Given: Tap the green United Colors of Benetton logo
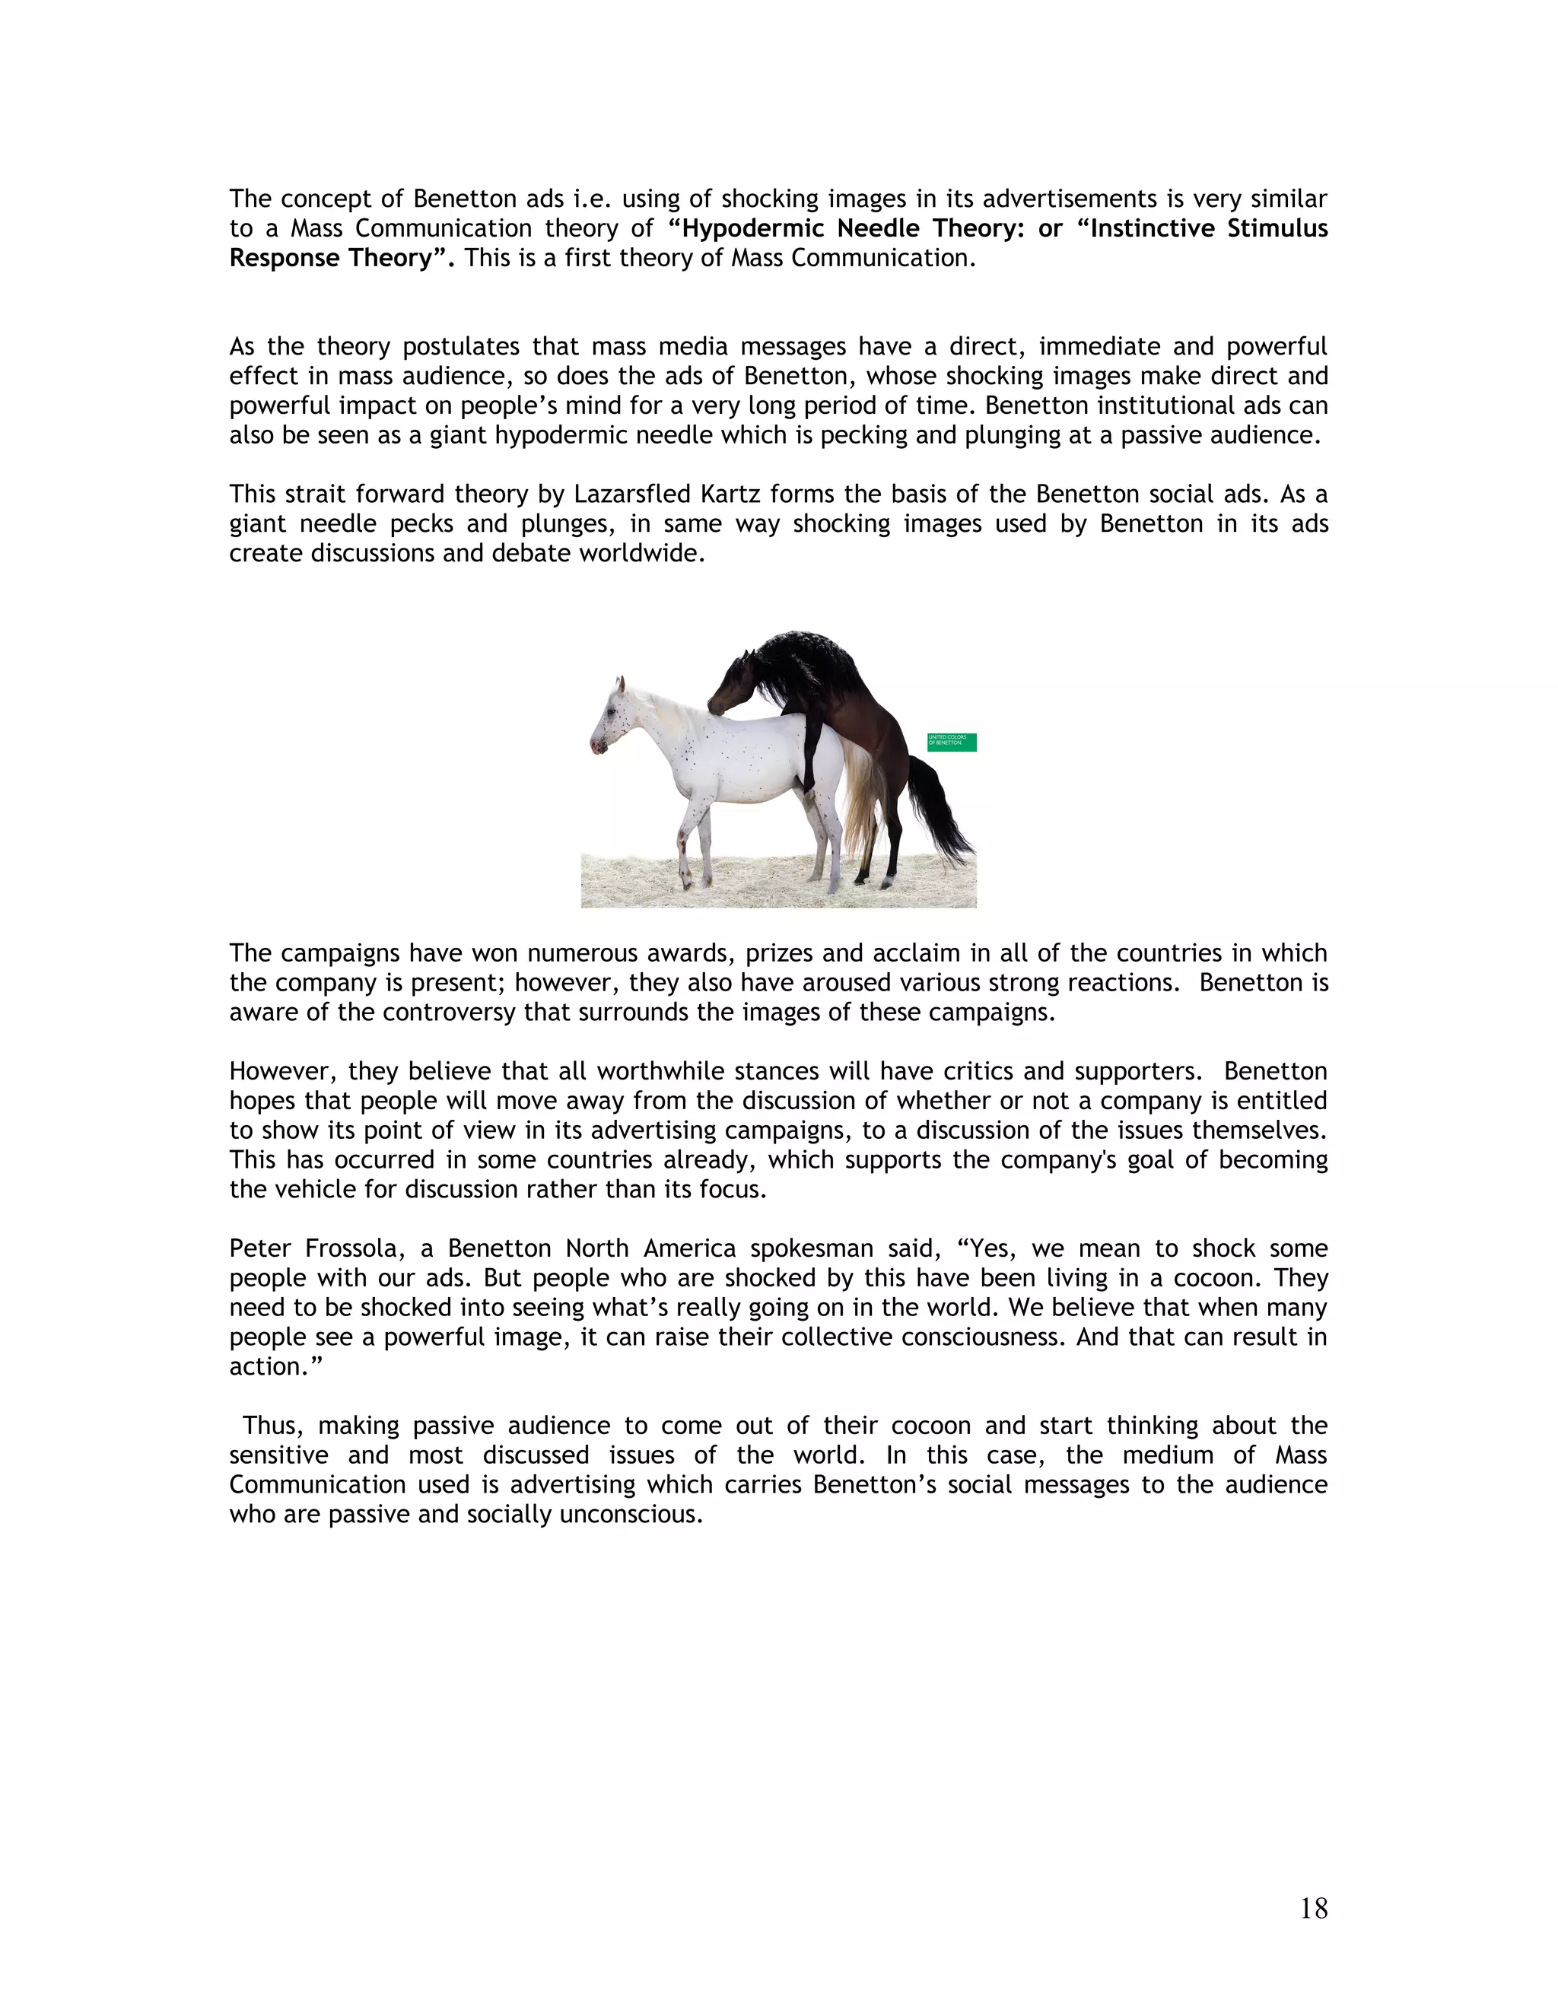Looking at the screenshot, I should click(952, 742).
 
